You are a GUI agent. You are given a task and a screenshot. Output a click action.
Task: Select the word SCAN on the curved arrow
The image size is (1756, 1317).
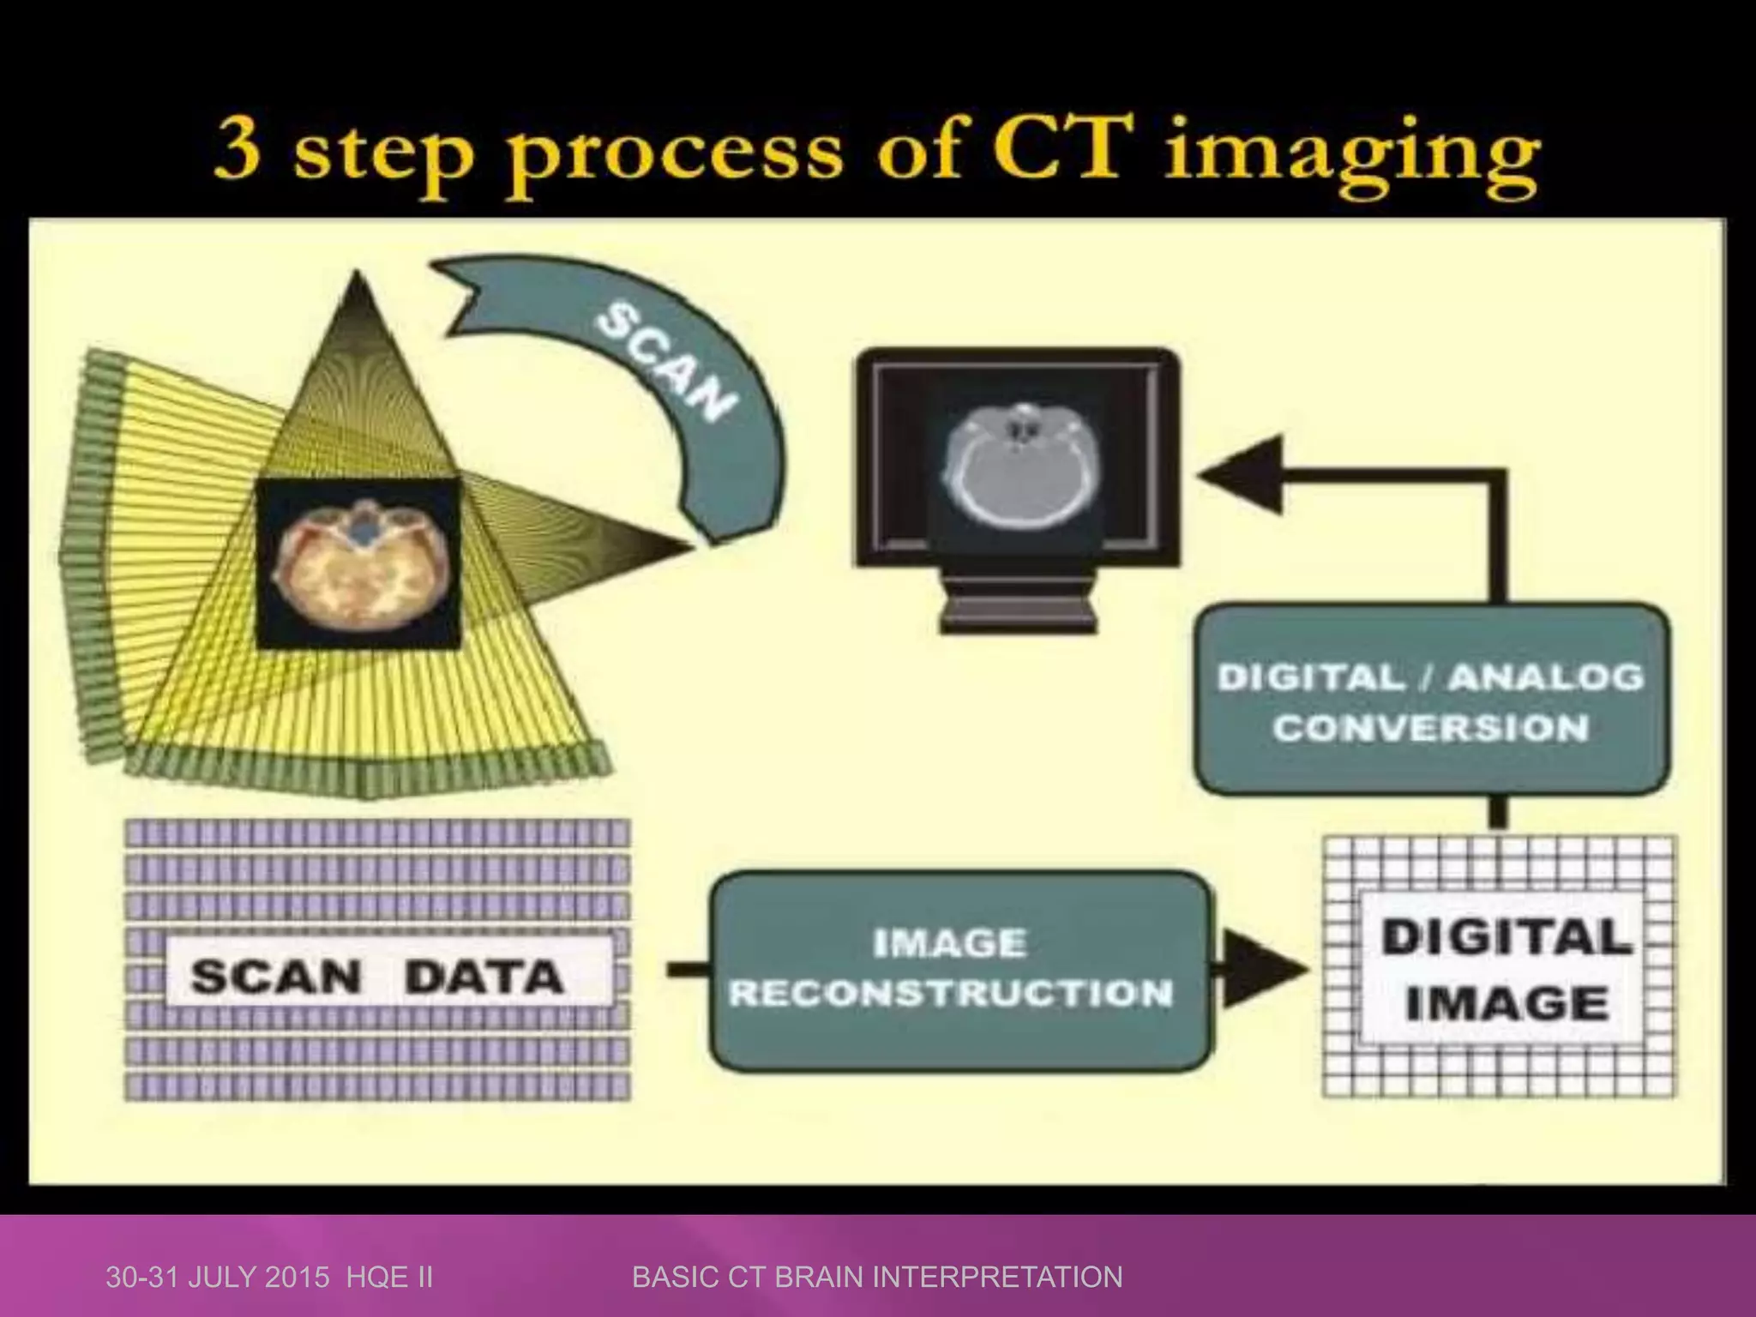[x=666, y=364]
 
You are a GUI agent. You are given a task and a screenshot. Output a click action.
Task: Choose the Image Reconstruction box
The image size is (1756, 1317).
[x=960, y=970]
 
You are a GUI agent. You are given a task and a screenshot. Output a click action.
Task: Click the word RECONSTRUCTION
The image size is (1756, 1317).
[x=950, y=994]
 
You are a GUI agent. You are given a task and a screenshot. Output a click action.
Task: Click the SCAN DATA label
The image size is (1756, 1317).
[x=377, y=977]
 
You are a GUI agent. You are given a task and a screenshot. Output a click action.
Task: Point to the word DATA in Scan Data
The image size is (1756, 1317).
[x=484, y=977]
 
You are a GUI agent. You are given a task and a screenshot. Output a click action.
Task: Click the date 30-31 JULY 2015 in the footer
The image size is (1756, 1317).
[x=218, y=1278]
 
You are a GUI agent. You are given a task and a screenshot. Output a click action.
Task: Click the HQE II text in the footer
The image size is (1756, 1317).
[x=390, y=1278]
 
